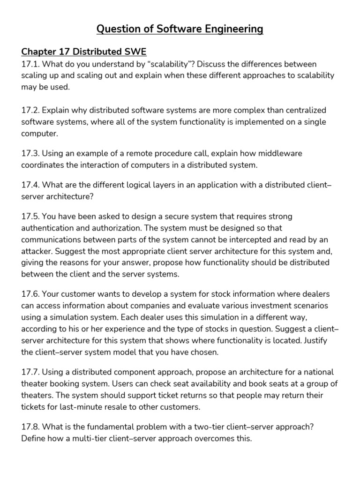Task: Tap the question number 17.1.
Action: [x=30, y=64]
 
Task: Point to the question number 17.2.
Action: [x=30, y=110]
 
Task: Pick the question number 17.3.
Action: [x=30, y=154]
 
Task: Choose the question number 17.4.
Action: [x=30, y=185]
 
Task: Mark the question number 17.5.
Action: [x=30, y=217]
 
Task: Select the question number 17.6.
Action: [x=30, y=294]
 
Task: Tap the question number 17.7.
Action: [x=30, y=372]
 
